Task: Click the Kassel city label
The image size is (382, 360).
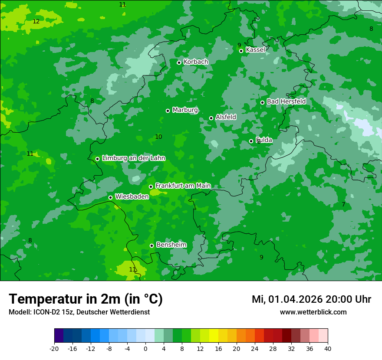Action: [255, 50]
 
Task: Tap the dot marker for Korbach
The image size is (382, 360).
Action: [179, 62]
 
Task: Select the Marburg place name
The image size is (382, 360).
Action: [185, 110]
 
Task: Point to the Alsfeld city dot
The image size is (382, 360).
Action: [211, 118]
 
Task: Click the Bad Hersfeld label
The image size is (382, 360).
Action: [286, 101]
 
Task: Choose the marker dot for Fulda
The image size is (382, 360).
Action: [251, 141]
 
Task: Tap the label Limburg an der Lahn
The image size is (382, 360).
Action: [134, 158]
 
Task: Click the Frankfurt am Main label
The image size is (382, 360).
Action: [183, 186]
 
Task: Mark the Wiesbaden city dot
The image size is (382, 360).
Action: [110, 197]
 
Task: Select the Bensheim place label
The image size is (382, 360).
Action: [171, 245]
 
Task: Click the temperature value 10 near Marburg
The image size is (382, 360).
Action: [158, 137]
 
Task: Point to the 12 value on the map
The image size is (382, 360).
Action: [36, 22]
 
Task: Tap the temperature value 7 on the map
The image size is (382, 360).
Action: [343, 205]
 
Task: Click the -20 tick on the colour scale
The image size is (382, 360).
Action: [54, 349]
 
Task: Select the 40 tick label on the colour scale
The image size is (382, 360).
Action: [328, 349]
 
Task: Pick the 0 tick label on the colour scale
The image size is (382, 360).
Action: [145, 349]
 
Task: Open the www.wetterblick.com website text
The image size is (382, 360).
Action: [313, 312]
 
